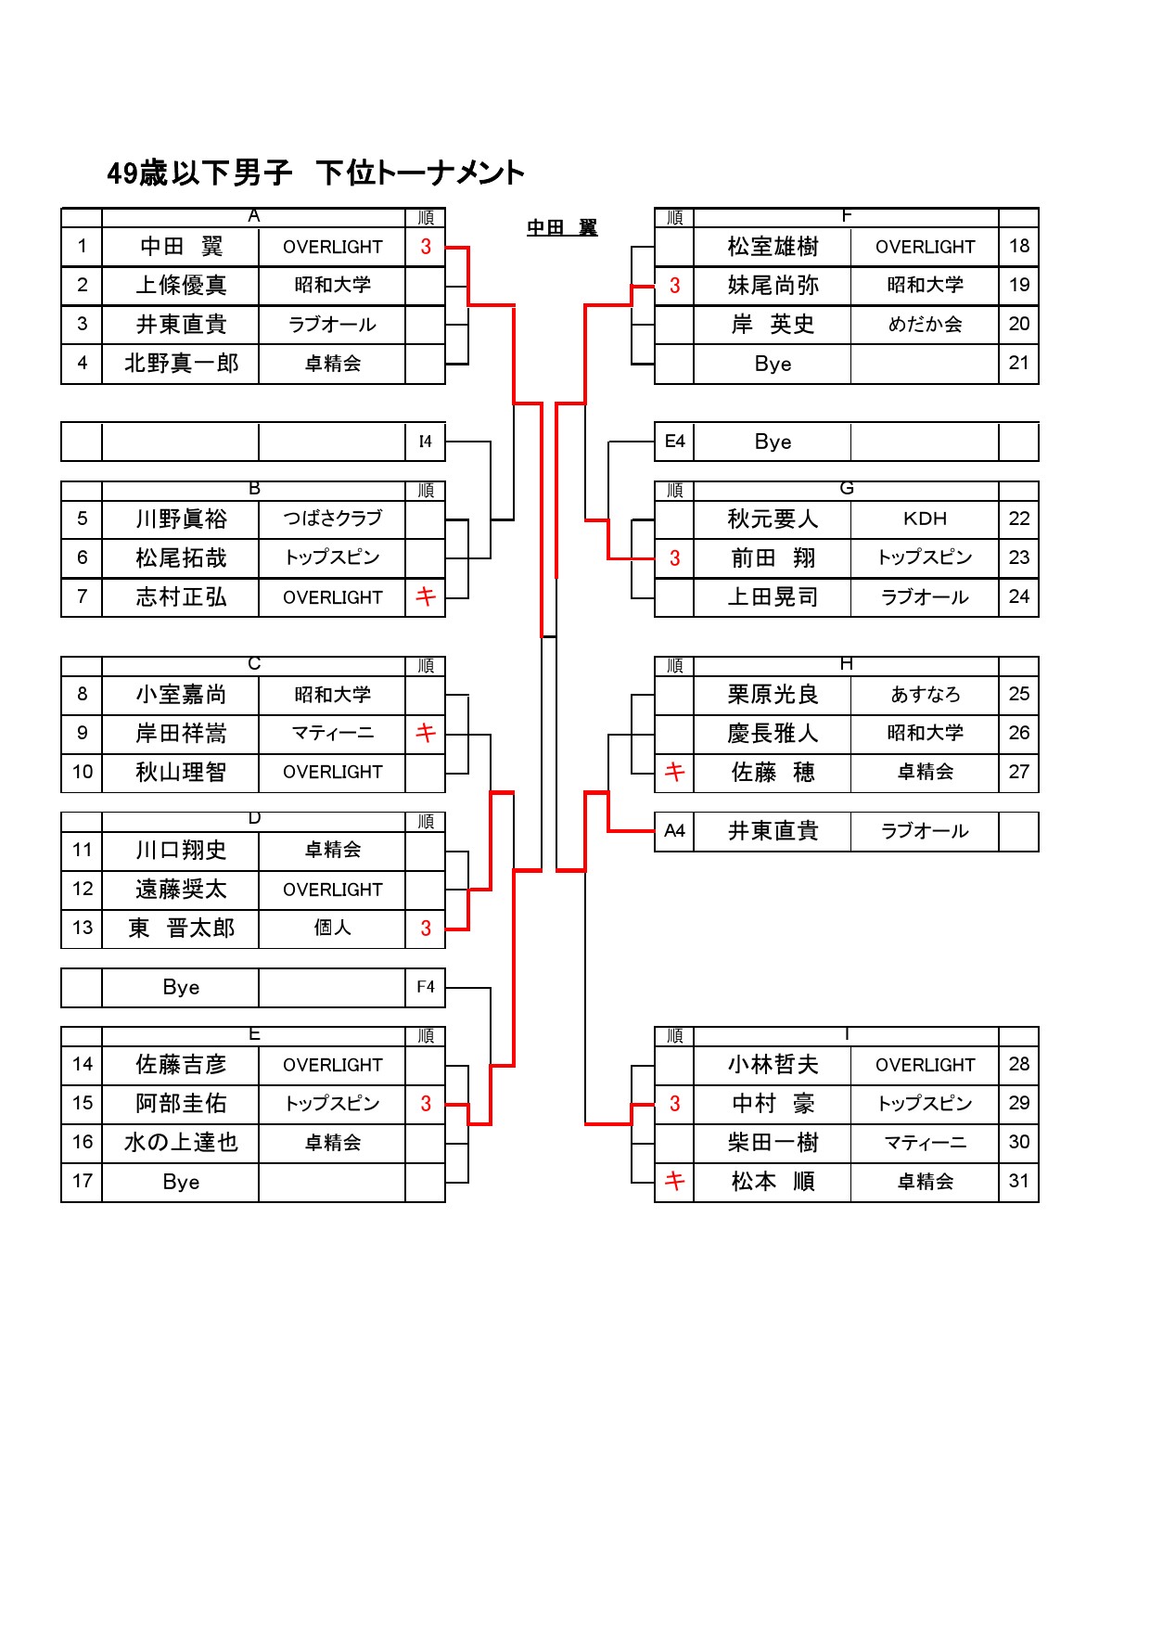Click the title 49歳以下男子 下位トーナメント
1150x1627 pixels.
[315, 173]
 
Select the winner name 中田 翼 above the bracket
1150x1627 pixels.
[562, 228]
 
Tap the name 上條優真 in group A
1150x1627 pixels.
[181, 286]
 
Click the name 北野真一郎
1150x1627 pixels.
[181, 364]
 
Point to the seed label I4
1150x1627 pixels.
[425, 442]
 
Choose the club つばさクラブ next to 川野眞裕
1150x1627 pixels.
[332, 519]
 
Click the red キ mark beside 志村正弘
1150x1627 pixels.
[425, 596]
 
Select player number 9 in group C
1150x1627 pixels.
[83, 733]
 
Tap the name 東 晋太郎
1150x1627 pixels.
[181, 928]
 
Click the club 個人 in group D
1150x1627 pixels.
[332, 928]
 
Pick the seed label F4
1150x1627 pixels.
[425, 987]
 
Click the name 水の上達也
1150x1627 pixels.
[181, 1143]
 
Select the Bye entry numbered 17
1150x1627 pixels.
[181, 1182]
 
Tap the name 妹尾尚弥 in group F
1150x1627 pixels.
[773, 286]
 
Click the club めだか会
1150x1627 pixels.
[925, 325]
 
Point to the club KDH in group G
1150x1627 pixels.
[925, 519]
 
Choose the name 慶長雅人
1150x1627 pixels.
[773, 734]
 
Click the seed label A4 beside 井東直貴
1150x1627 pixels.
[674, 831]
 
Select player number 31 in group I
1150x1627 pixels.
[1018, 1181]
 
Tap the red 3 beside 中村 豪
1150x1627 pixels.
[674, 1104]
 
